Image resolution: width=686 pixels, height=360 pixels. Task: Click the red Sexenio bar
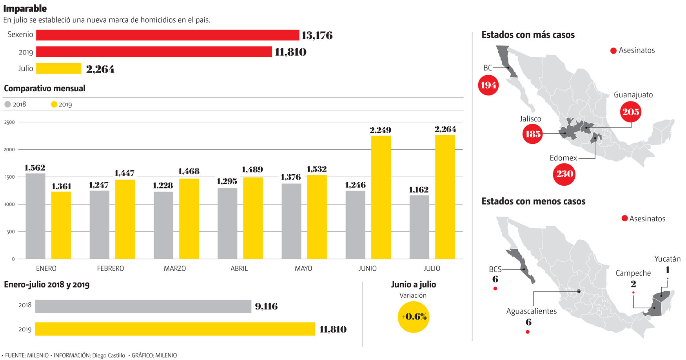(x=167, y=35)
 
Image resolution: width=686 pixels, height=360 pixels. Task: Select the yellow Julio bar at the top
(x=58, y=69)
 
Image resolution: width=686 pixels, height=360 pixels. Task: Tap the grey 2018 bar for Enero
(x=35, y=216)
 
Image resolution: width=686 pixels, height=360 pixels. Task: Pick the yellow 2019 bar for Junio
(x=381, y=197)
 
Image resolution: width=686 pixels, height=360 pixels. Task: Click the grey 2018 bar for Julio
(x=419, y=227)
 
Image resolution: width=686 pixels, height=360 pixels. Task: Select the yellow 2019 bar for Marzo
(x=189, y=219)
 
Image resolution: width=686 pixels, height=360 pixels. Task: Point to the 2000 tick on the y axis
(x=9, y=150)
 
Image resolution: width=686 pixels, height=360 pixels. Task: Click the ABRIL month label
(x=239, y=268)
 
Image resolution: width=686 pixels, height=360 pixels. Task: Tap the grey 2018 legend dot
(x=7, y=105)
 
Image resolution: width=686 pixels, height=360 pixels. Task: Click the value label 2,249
(x=380, y=130)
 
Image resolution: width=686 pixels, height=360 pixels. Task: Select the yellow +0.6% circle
(x=414, y=317)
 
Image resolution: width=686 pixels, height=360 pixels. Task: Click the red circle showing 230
(x=564, y=174)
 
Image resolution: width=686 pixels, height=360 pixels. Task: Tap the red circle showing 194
(x=488, y=85)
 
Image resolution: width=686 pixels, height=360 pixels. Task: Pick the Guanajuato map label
(x=633, y=95)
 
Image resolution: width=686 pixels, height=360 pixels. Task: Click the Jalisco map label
(x=530, y=119)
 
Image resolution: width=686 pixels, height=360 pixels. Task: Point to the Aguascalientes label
(x=531, y=311)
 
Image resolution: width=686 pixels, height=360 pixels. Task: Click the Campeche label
(x=633, y=273)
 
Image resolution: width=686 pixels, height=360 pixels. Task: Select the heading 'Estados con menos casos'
(x=533, y=201)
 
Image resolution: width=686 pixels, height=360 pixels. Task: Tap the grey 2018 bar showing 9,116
(x=143, y=306)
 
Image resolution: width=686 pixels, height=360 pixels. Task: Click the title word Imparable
(x=25, y=8)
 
